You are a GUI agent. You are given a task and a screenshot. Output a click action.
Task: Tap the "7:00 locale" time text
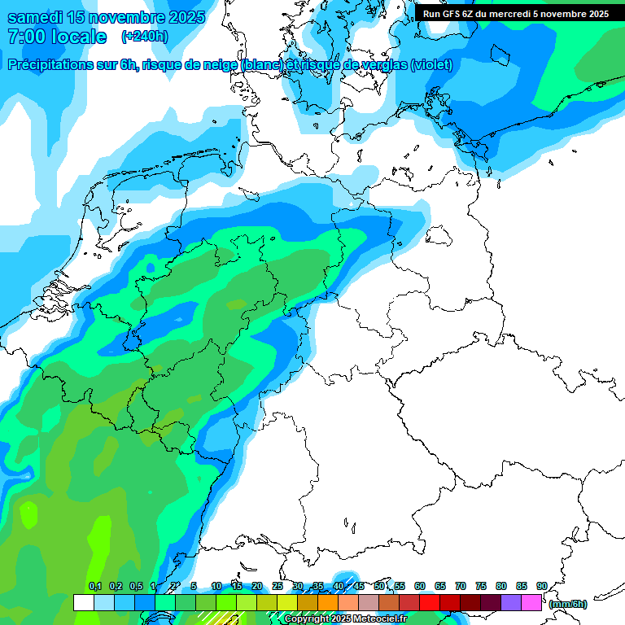[x=56, y=37]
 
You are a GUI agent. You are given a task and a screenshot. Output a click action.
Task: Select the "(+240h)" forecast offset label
[x=145, y=37]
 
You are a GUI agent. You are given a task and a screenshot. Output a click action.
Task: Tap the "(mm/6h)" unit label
[x=567, y=604]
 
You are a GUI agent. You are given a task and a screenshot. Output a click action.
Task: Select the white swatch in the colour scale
[x=84, y=602]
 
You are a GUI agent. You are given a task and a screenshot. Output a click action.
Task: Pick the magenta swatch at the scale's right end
[x=531, y=602]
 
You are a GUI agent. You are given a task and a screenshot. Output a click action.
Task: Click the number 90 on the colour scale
[x=541, y=586]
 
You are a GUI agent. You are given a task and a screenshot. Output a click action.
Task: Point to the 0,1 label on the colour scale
[x=94, y=586]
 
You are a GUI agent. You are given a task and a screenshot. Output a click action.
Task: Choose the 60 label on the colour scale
[x=420, y=586]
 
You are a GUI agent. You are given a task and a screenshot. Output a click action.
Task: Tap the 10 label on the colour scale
[x=216, y=586]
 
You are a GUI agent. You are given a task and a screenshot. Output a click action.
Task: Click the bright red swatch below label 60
[x=430, y=602]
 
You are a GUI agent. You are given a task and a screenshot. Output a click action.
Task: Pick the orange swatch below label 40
[x=328, y=602]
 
